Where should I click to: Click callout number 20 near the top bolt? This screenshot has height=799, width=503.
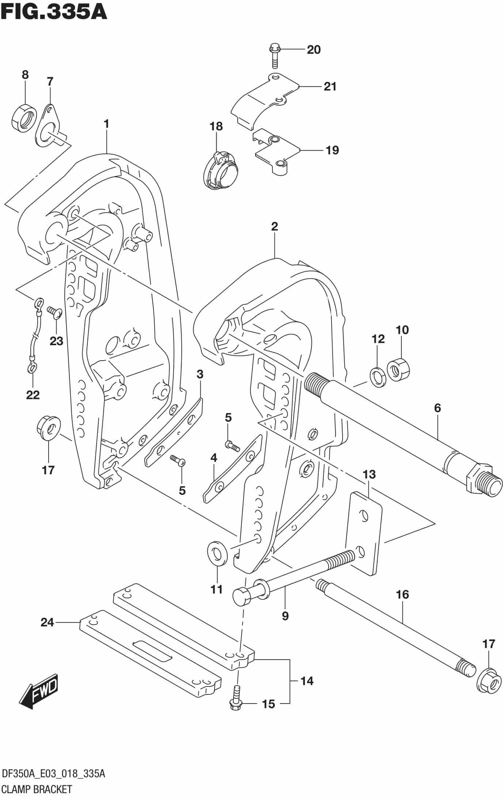click(313, 49)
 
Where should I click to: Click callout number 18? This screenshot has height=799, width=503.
click(216, 127)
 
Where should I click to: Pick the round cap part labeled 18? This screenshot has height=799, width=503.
click(220, 172)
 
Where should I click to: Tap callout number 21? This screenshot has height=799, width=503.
click(330, 87)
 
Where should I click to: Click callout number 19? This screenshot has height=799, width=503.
click(332, 150)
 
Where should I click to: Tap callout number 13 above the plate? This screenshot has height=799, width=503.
click(369, 475)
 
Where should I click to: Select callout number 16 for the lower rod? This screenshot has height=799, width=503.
click(402, 595)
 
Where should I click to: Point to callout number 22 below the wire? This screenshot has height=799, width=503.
click(33, 395)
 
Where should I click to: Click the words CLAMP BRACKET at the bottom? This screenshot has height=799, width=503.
click(37, 789)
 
